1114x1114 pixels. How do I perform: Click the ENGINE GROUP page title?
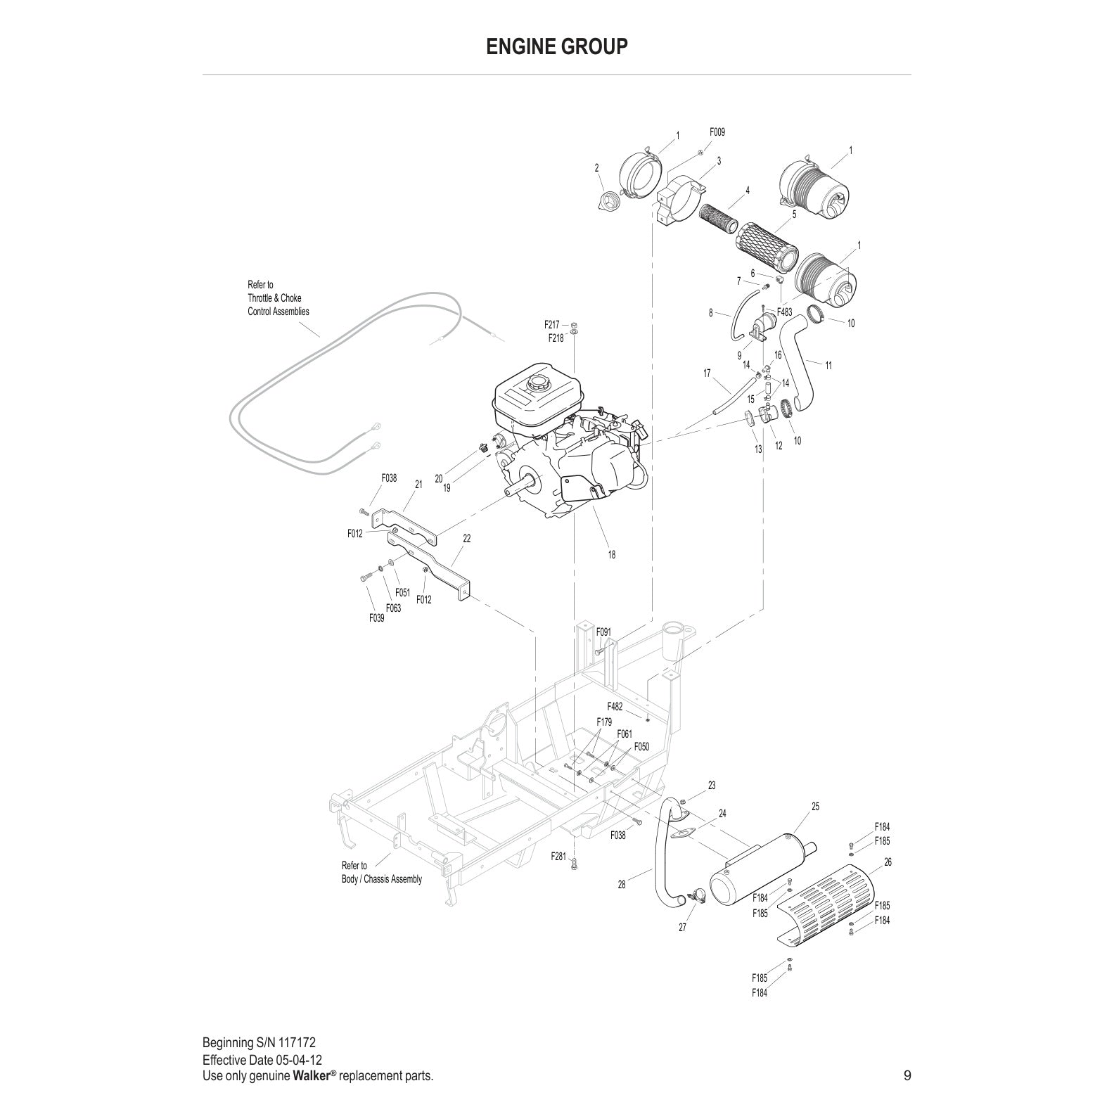tap(556, 46)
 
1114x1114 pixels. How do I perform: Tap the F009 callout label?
tap(717, 132)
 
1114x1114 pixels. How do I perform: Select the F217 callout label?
tap(551, 325)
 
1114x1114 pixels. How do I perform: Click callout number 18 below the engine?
tap(611, 554)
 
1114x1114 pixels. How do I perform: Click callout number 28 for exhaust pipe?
tap(621, 885)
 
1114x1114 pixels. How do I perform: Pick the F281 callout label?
tap(558, 857)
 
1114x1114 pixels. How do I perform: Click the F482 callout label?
tap(615, 706)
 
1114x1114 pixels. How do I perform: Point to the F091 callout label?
tap(603, 632)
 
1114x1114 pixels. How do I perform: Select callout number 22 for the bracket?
tap(466, 539)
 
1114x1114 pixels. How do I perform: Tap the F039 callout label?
tap(376, 618)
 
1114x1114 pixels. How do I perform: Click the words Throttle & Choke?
tap(274, 298)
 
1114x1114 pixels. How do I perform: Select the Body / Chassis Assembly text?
tap(382, 879)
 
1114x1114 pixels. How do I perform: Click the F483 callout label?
tap(784, 312)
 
